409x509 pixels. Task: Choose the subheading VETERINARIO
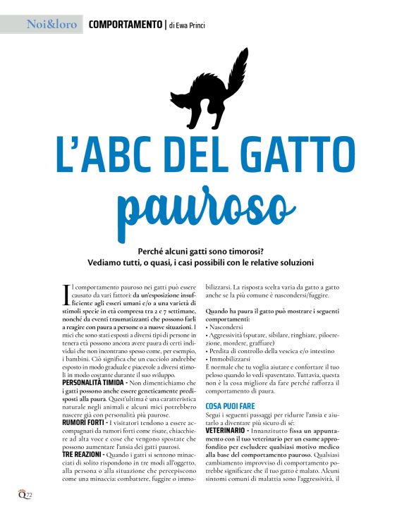click(230, 429)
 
